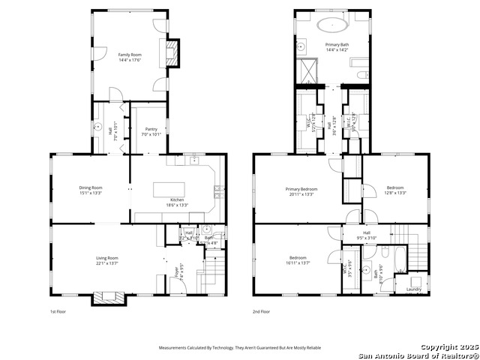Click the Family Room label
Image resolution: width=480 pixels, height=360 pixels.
[x=130, y=55]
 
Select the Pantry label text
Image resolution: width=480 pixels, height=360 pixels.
[x=151, y=130]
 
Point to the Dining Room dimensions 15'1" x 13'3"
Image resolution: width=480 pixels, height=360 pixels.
[x=91, y=193]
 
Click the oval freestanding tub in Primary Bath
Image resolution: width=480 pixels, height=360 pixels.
[x=331, y=25]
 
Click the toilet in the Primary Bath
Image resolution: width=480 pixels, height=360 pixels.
[x=361, y=75]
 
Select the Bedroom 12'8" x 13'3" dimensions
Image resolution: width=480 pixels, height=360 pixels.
[x=395, y=193]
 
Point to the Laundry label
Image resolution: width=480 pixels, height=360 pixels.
[x=413, y=289]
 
